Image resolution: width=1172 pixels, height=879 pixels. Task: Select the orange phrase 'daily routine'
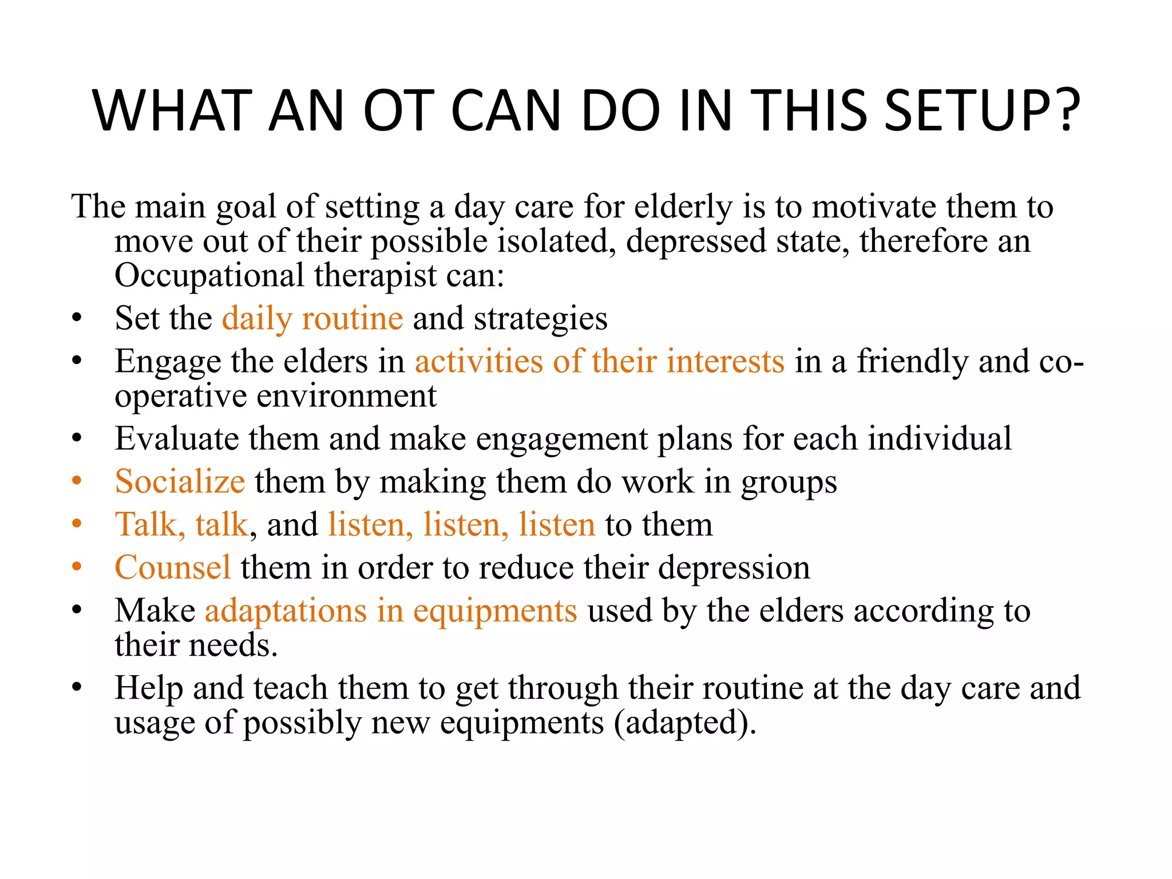point(312,318)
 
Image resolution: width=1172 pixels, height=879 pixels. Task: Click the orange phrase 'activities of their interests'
point(599,362)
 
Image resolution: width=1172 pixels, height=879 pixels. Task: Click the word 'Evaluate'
point(176,439)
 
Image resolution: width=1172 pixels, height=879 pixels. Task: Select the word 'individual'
point(940,439)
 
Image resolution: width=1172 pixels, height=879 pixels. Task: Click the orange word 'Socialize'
point(180,481)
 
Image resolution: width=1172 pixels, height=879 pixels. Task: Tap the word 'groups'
point(789,482)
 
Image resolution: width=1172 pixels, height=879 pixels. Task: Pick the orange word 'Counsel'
point(172,568)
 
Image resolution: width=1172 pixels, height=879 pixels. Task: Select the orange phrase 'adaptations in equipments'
point(391,611)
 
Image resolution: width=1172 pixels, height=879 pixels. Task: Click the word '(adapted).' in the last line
point(685,723)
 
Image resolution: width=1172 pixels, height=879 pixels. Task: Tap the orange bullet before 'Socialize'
point(77,481)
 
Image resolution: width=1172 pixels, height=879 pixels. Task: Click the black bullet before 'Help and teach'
point(77,687)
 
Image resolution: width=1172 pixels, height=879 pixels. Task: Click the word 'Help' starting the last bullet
point(148,688)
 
